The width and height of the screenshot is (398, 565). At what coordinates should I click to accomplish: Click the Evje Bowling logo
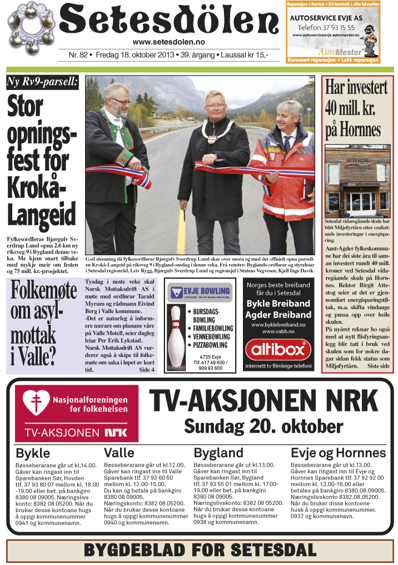200,291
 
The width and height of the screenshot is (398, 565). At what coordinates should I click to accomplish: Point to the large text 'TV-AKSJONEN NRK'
266,400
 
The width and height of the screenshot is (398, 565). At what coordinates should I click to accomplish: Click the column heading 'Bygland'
218,453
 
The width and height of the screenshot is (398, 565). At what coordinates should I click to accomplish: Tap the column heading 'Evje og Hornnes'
338,453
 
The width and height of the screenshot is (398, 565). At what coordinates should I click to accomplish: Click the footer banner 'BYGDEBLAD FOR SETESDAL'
199,549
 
